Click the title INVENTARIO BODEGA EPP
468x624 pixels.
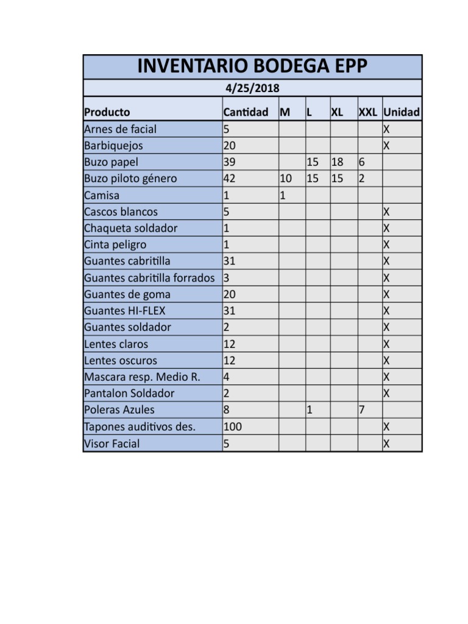[252, 66]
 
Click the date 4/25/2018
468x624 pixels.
[252, 88]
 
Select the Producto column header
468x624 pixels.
[107, 113]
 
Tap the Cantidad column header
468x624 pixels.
[246, 113]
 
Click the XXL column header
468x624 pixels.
[367, 113]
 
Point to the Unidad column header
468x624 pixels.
[402, 113]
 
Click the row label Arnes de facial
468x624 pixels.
[120, 129]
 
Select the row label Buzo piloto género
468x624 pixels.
[130, 179]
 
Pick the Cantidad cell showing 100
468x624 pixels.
[233, 427]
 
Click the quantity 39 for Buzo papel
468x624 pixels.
[230, 162]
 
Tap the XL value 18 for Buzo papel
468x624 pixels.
[337, 162]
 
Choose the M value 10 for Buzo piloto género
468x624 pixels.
[285, 179]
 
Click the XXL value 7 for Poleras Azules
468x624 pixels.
[362, 410]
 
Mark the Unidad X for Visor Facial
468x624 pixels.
[386, 444]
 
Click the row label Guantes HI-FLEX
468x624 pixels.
[125, 311]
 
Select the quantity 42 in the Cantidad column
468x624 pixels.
[230, 179]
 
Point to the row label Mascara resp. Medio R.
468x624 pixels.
[142, 377]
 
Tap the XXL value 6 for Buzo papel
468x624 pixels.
[362, 162]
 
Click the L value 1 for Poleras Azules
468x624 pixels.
[310, 410]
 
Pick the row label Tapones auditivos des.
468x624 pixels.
[140, 427]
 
